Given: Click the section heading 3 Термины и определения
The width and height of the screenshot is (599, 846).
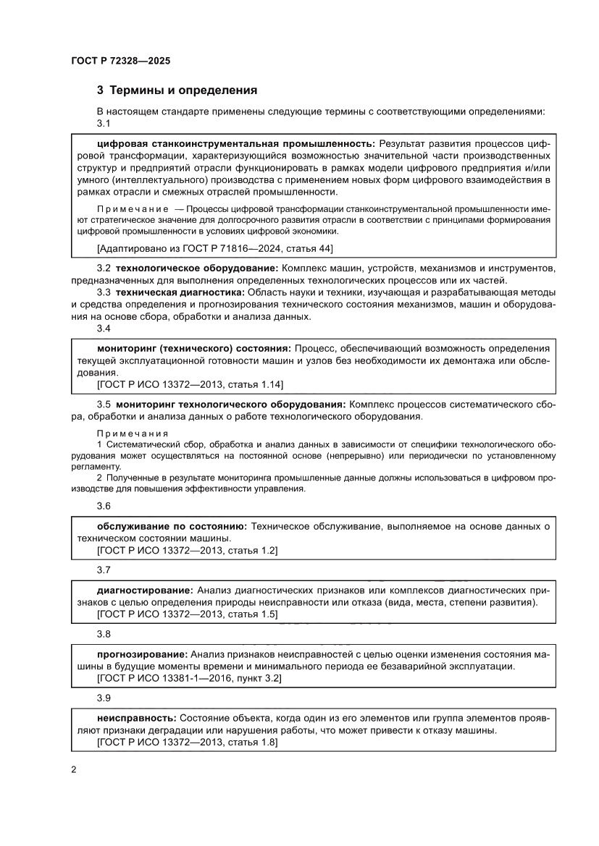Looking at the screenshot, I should [177, 91].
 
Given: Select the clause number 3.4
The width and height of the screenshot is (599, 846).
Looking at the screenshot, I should [104, 328].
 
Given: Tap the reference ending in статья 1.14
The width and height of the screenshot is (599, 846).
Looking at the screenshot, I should [190, 384].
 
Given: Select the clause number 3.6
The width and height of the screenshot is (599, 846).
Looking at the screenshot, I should [104, 506].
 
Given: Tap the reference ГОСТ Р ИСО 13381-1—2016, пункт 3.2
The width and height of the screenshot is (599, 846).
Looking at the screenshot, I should [189, 678].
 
